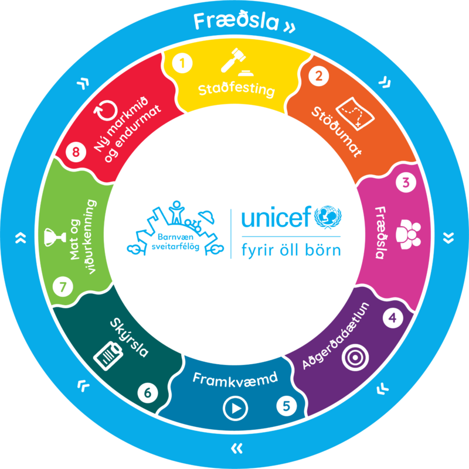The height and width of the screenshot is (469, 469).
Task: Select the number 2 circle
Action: click(318, 76)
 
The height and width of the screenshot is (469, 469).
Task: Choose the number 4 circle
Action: click(393, 318)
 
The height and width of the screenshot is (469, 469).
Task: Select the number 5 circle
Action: click(286, 405)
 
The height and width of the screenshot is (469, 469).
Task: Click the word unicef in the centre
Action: click(276, 219)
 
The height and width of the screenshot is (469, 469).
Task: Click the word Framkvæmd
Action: click(235, 378)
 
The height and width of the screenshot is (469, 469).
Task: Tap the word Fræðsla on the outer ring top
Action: click(237, 22)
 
